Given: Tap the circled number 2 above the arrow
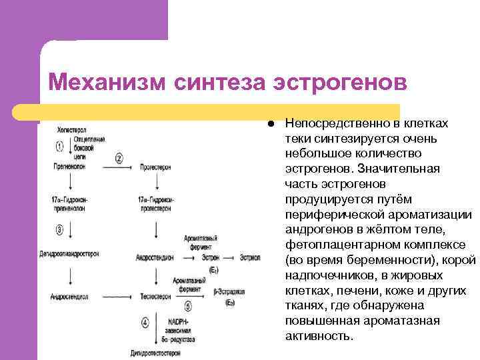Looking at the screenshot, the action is pyautogui.click(x=119, y=158).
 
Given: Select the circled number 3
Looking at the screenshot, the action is pyautogui.click(x=59, y=230).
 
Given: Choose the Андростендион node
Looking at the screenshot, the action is pyautogui.click(x=155, y=256).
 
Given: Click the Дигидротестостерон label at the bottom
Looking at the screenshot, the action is pyautogui.click(x=157, y=354).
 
